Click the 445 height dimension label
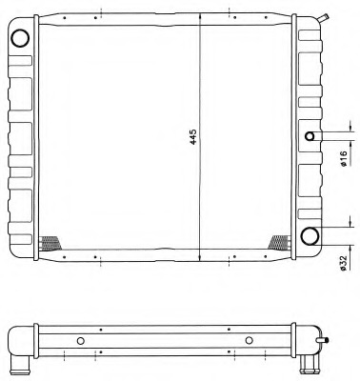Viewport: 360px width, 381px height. (193, 137)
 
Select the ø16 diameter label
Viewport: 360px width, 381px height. (343, 158)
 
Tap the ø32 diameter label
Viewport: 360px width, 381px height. (343, 263)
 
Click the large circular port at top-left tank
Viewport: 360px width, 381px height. (20, 38)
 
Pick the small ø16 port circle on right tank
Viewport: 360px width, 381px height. (310, 136)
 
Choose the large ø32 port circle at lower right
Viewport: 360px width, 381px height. (310, 236)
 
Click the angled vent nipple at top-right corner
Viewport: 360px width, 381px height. (324, 18)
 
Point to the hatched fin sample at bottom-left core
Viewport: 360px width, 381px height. (50, 243)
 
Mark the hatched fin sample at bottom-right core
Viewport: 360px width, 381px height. (279, 242)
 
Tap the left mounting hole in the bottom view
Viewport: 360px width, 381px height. (81, 341)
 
